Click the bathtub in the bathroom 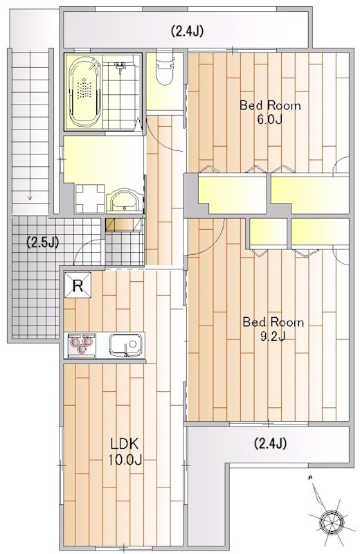click(85, 91)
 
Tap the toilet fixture click(165, 68)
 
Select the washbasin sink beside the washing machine click(125, 201)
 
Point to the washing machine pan click(90, 199)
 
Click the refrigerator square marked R click(78, 285)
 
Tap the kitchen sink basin click(126, 345)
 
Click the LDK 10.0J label click(125, 452)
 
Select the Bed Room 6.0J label click(270, 112)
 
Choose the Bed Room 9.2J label click(273, 329)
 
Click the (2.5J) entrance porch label click(43, 242)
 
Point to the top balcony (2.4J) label click(187, 31)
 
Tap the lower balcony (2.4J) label click(270, 443)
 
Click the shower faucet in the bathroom click(120, 66)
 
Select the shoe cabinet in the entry click(124, 224)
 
